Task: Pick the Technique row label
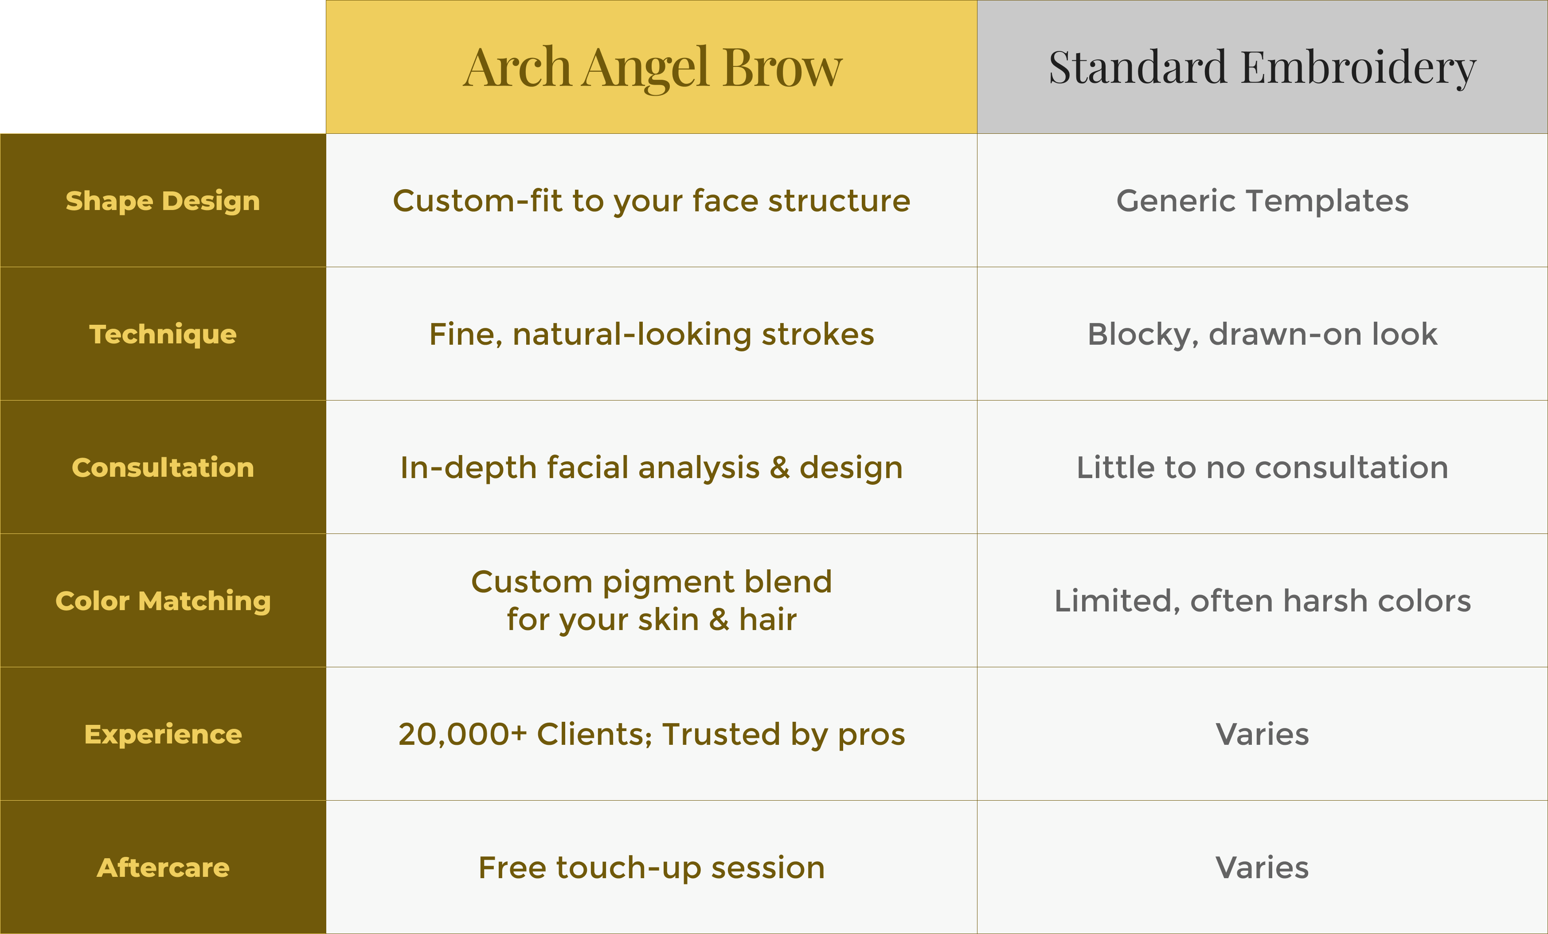pos(163,334)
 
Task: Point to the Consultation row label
pos(163,467)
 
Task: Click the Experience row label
pos(163,734)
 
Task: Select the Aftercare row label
pos(163,868)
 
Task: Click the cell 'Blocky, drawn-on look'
pos(1262,334)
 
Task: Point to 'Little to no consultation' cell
pos(1262,467)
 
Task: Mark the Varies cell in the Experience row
pos(1262,734)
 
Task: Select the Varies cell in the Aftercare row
pos(1262,868)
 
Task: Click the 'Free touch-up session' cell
pos(652,868)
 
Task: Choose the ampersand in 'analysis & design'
pos(780,468)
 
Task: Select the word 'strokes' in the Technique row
pos(818,334)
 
